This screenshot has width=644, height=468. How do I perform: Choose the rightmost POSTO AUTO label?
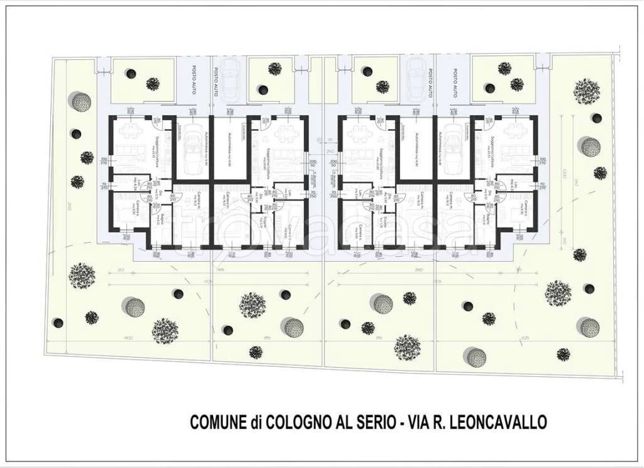pyautogui.click(x=451, y=82)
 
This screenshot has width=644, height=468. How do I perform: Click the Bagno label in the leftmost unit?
pyautogui.click(x=162, y=220)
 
